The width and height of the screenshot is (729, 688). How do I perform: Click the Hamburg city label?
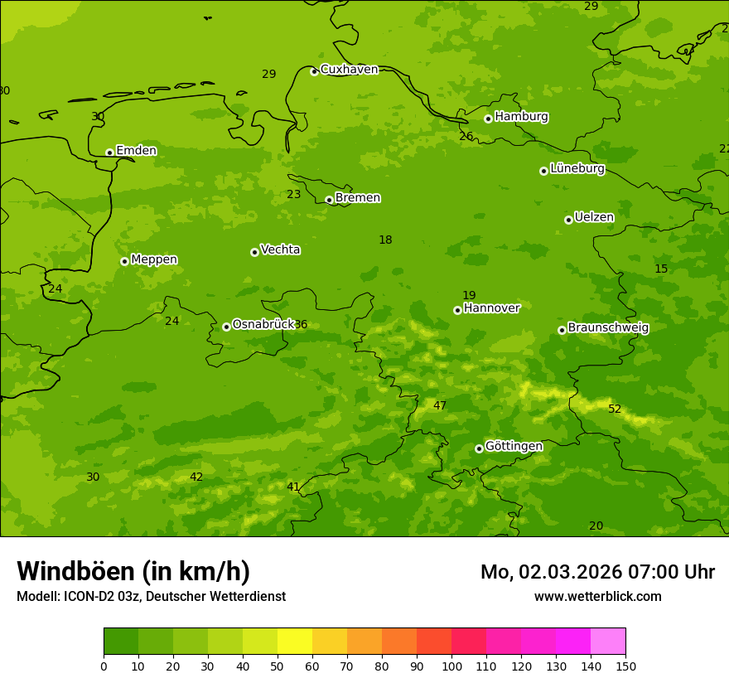(521, 117)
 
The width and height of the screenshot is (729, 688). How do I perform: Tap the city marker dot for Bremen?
(329, 200)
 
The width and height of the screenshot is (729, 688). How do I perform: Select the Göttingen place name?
(514, 447)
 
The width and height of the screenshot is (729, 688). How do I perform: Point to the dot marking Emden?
(109, 153)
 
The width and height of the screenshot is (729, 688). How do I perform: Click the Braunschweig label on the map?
(608, 328)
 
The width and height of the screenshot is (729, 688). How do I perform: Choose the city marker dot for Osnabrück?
(226, 327)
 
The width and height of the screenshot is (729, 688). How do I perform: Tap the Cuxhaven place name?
(349, 70)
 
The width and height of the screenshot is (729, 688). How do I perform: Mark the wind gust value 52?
(615, 409)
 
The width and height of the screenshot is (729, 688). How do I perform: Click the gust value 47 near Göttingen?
(440, 406)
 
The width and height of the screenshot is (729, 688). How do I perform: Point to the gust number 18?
(385, 240)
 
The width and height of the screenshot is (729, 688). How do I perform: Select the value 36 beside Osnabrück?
(301, 325)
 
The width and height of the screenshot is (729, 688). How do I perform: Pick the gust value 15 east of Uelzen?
(661, 269)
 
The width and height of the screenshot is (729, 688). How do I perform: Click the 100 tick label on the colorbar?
(451, 666)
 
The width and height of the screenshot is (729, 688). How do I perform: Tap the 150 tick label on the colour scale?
(625, 666)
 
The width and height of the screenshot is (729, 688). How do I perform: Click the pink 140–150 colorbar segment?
(608, 642)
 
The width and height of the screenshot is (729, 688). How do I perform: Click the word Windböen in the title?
(75, 572)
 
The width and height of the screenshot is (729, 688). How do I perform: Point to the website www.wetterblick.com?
(597, 597)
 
